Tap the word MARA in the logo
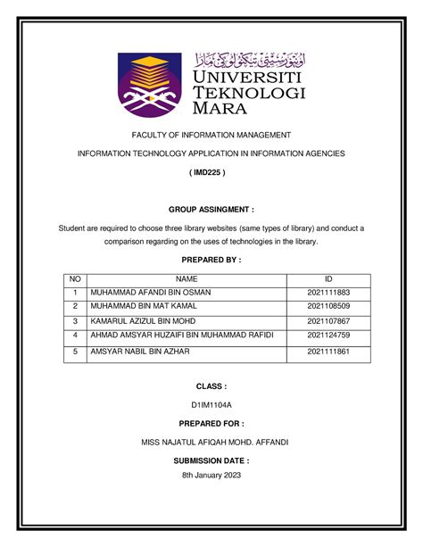click(219, 112)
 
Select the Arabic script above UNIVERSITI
click(249, 60)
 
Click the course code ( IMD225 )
click(211, 173)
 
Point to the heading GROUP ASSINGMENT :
click(211, 210)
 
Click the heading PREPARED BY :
click(211, 260)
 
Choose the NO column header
click(75, 279)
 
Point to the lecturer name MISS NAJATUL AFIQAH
click(211, 443)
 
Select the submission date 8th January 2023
click(211, 476)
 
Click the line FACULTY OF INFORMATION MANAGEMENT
click(211, 135)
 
